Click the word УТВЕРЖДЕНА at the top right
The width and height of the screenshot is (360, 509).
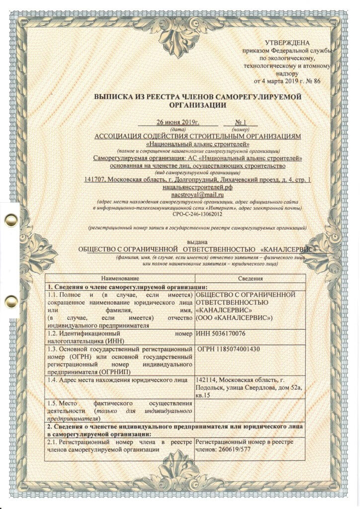(x=287, y=43)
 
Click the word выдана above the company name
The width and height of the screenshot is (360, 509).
(x=198, y=239)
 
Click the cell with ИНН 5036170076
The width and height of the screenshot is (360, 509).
(x=221, y=333)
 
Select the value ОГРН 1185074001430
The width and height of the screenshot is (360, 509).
(x=229, y=348)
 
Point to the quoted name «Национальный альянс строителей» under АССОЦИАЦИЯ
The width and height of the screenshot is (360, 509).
(x=198, y=143)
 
